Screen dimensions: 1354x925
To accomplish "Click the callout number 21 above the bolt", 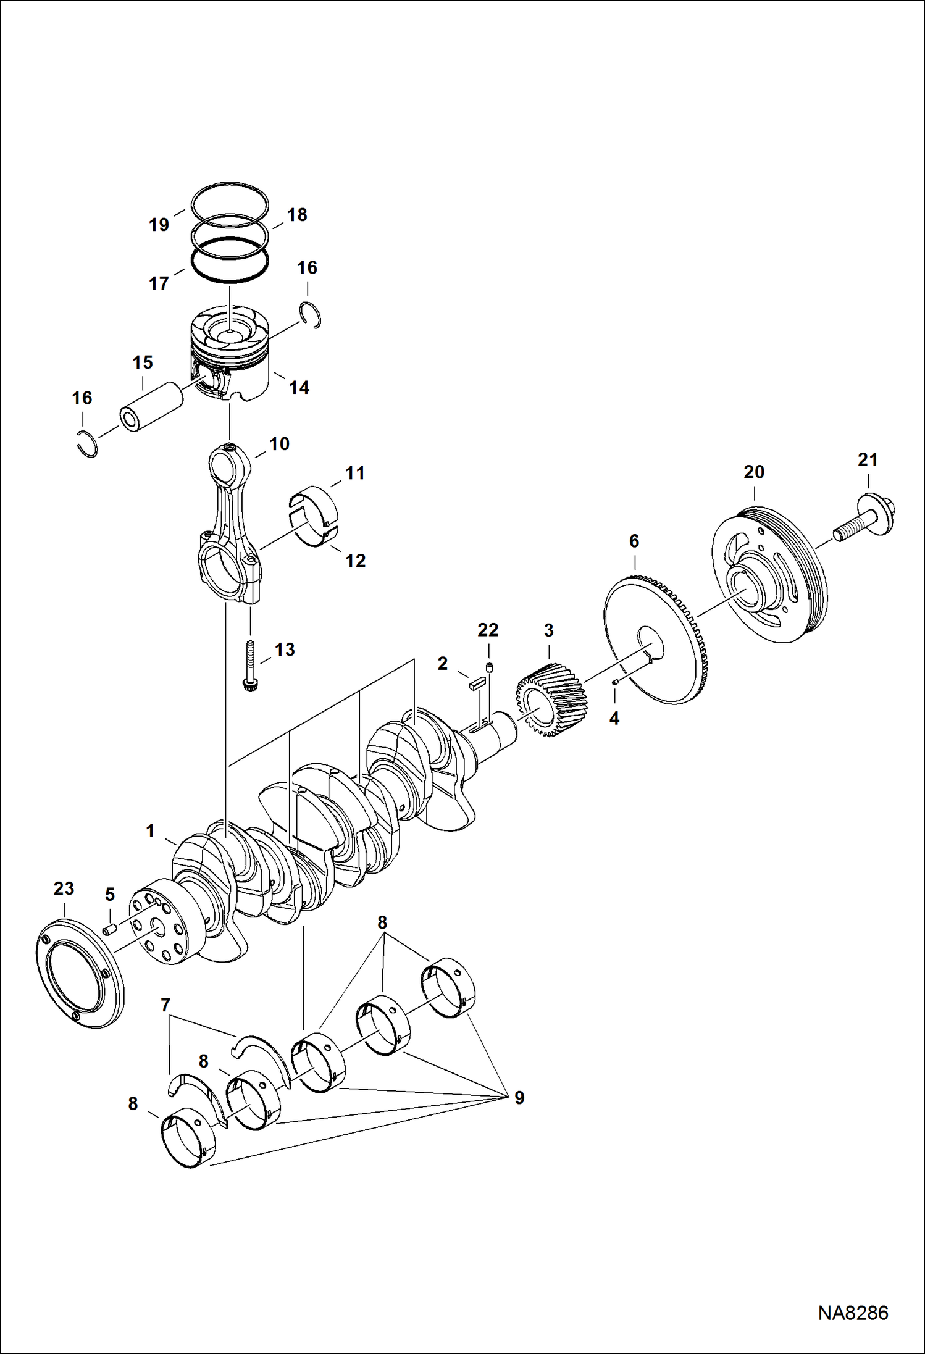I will click(x=867, y=459).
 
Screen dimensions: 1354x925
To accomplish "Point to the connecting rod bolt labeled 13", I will click(x=250, y=666).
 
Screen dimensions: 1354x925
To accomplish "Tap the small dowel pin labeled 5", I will click(x=109, y=929).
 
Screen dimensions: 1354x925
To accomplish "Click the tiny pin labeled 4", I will click(x=615, y=682).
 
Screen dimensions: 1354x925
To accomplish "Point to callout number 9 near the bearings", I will click(x=519, y=1097).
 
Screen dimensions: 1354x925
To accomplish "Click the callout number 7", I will click(x=165, y=1005).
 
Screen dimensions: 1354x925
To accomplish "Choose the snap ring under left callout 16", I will click(x=89, y=443).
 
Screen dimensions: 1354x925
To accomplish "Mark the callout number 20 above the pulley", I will click(x=753, y=472).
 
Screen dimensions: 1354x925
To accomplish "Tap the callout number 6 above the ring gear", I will click(x=634, y=541).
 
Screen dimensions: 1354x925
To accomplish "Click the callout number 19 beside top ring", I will click(x=159, y=224).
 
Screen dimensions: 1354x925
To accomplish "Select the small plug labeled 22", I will click(x=488, y=666).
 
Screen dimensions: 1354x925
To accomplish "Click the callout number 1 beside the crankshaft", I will click(x=150, y=831).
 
